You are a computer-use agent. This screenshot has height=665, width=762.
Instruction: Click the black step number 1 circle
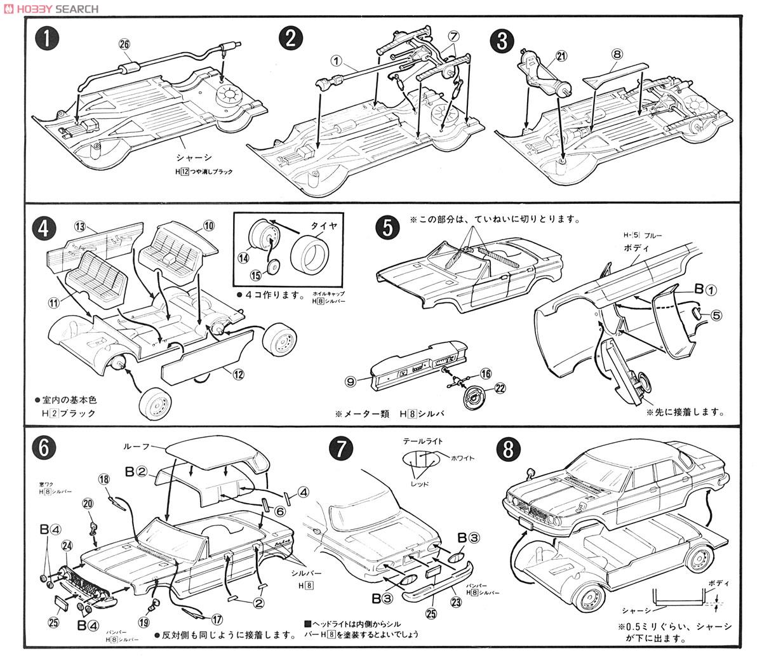[x=48, y=40]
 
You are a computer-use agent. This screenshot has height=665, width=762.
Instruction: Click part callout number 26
[x=124, y=44]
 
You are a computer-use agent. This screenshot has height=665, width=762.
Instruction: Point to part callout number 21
[x=561, y=57]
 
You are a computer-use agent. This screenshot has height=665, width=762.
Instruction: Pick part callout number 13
[x=79, y=227]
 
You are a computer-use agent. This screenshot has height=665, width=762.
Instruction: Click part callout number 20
[x=88, y=504]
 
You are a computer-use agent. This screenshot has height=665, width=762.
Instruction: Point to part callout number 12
[x=238, y=375]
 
